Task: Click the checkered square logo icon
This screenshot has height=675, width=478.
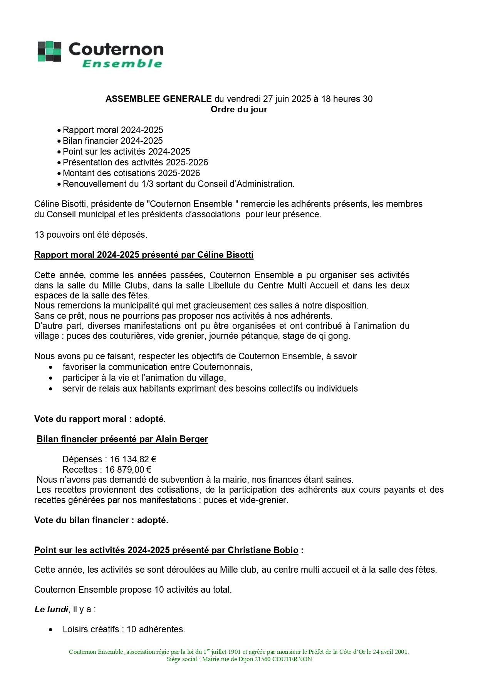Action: click(x=49, y=52)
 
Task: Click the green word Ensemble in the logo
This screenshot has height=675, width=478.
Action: click(x=122, y=63)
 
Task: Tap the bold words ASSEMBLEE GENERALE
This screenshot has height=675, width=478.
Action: click(x=158, y=99)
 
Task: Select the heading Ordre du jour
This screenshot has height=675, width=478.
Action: click(x=239, y=110)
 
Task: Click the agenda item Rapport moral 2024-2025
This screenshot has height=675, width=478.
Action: click(x=113, y=130)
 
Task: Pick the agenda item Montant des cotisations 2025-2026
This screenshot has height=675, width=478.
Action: click(x=131, y=173)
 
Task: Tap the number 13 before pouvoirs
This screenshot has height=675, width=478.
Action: click(x=39, y=235)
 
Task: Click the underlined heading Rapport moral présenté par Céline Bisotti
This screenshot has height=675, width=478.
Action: click(x=144, y=255)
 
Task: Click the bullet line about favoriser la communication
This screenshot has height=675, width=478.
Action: click(x=158, y=367)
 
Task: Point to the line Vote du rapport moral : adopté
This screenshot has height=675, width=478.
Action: click(x=100, y=419)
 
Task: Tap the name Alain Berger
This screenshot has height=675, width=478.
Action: click(x=181, y=439)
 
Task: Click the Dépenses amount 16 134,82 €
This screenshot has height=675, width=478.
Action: click(x=133, y=459)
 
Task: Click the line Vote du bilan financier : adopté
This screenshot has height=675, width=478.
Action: click(x=101, y=520)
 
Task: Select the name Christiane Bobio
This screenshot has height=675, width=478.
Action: click(x=263, y=550)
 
